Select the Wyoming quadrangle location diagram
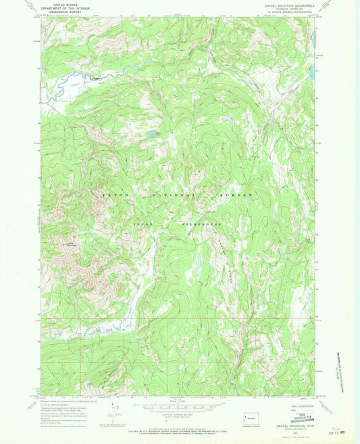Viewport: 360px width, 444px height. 249,411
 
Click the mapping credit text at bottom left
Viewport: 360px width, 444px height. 68,404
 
